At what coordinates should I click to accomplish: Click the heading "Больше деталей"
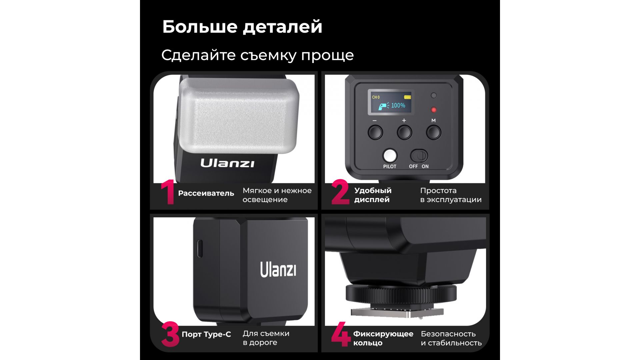click(x=242, y=27)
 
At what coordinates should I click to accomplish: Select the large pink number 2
click(x=340, y=192)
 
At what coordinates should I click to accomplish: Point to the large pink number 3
click(x=170, y=334)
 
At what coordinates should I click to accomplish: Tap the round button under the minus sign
click(x=375, y=132)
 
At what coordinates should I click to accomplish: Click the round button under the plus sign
click(x=404, y=132)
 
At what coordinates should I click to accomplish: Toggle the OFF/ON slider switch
click(x=419, y=156)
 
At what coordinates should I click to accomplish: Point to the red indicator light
click(x=434, y=110)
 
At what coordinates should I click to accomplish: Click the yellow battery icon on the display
click(x=407, y=97)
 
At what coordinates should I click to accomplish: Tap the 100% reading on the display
click(x=398, y=105)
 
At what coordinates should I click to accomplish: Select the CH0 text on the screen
click(x=376, y=97)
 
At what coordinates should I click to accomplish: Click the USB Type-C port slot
click(x=199, y=249)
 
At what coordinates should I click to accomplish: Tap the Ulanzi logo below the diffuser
click(x=227, y=163)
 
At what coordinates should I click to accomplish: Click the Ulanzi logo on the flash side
click(x=278, y=269)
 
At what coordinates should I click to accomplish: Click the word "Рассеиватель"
click(x=206, y=193)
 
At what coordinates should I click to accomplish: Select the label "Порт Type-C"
click(x=206, y=334)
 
